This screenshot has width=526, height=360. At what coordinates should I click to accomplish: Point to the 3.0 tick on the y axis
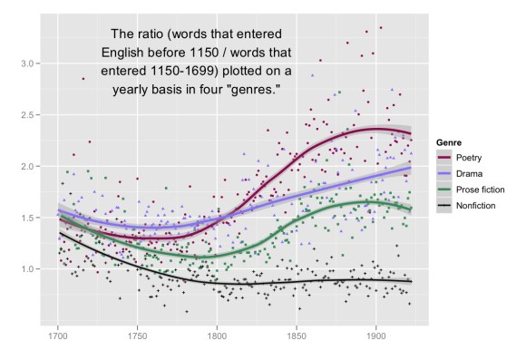(x=29, y=63)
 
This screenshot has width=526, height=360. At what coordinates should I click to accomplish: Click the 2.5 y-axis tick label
(x=29, y=115)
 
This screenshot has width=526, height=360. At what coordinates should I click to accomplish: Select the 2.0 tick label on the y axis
(x=29, y=167)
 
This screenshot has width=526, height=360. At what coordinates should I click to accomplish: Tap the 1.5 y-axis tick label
(x=29, y=218)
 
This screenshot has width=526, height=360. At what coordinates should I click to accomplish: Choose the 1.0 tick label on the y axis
(x=29, y=269)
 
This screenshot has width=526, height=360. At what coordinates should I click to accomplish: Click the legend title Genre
(x=451, y=143)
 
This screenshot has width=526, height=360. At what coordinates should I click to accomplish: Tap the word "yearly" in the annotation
(x=138, y=90)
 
